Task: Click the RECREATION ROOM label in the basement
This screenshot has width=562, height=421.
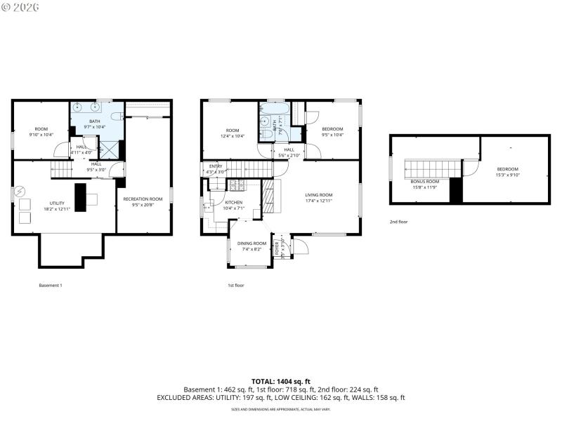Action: tap(143, 199)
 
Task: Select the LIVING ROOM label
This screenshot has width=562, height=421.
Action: tap(318, 195)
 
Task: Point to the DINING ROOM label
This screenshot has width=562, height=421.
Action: tap(251, 243)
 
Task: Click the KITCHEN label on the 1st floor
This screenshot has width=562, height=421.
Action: tap(233, 202)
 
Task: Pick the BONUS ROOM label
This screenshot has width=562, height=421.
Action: tap(424, 182)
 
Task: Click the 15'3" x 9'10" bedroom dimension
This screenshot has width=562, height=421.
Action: tap(507, 175)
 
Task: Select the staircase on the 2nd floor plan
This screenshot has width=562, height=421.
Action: tap(431, 168)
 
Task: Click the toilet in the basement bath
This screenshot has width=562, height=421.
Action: tap(120, 115)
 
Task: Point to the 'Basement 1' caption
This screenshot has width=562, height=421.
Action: tap(51, 286)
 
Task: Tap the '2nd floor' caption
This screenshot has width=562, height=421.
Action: tap(398, 222)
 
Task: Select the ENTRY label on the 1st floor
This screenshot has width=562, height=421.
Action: tap(215, 166)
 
